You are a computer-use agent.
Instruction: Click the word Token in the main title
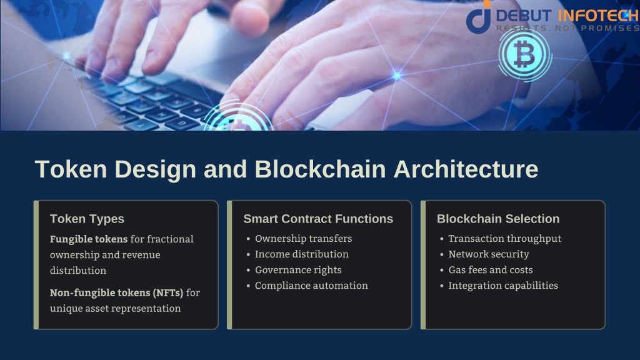[x=71, y=169]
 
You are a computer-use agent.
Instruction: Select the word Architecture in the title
[x=466, y=169]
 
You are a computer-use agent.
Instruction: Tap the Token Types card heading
[x=87, y=219]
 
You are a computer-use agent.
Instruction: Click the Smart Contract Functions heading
[x=318, y=219]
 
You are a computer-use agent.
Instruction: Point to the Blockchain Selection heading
[x=498, y=219]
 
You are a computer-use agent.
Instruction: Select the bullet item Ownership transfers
[x=303, y=238]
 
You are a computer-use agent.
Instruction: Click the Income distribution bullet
[x=302, y=254]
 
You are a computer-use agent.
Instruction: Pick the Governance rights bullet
[x=298, y=270]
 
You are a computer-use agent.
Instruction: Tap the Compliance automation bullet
[x=311, y=285]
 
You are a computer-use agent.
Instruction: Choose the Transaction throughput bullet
[x=504, y=238]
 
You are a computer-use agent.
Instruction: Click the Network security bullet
[x=489, y=254]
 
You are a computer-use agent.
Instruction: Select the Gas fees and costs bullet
[x=491, y=270]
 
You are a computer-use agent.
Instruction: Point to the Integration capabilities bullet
[x=503, y=285]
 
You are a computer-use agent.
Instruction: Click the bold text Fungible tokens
[x=89, y=239]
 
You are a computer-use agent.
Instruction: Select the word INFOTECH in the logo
[x=597, y=16]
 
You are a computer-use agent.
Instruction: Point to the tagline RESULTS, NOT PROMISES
[x=567, y=28]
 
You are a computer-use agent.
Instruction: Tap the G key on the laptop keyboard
[x=182, y=122]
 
